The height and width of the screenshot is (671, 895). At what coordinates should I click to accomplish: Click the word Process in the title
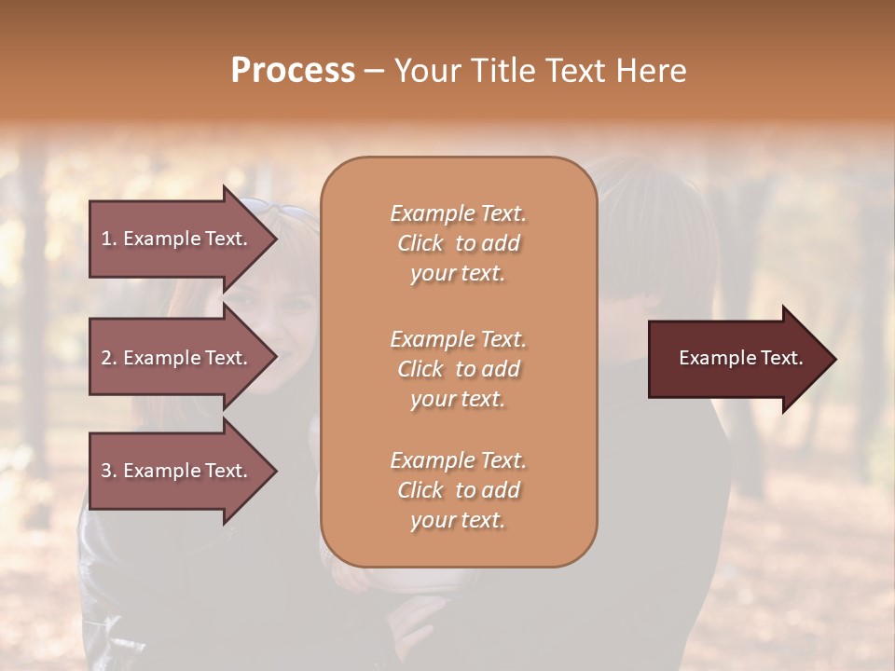(293, 71)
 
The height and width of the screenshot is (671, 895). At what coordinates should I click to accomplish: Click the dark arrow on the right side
(737, 359)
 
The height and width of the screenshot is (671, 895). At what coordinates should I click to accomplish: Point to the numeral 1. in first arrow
(108, 239)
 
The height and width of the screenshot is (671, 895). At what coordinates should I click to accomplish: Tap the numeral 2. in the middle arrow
(109, 358)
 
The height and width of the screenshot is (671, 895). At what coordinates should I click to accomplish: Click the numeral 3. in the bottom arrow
(109, 471)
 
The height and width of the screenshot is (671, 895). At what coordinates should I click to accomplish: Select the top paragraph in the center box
(458, 243)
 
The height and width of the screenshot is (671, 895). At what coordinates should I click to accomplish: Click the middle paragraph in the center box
(458, 369)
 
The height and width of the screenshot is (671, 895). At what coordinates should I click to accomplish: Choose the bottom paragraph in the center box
(458, 490)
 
